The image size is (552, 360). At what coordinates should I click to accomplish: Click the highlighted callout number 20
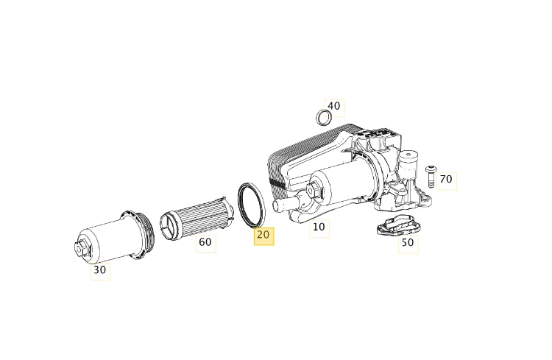pyautogui.click(x=263, y=236)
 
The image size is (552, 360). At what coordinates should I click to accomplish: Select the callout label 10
pyautogui.click(x=319, y=227)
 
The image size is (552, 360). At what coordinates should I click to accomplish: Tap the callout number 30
pyautogui.click(x=100, y=270)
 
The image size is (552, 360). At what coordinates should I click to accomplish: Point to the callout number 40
pyautogui.click(x=334, y=106)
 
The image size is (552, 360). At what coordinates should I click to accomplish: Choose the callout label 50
pyautogui.click(x=408, y=243)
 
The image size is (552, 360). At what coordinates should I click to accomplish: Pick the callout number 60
pyautogui.click(x=205, y=243)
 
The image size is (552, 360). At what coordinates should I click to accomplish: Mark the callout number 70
pyautogui.click(x=447, y=180)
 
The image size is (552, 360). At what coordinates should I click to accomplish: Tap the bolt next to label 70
pyautogui.click(x=431, y=177)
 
